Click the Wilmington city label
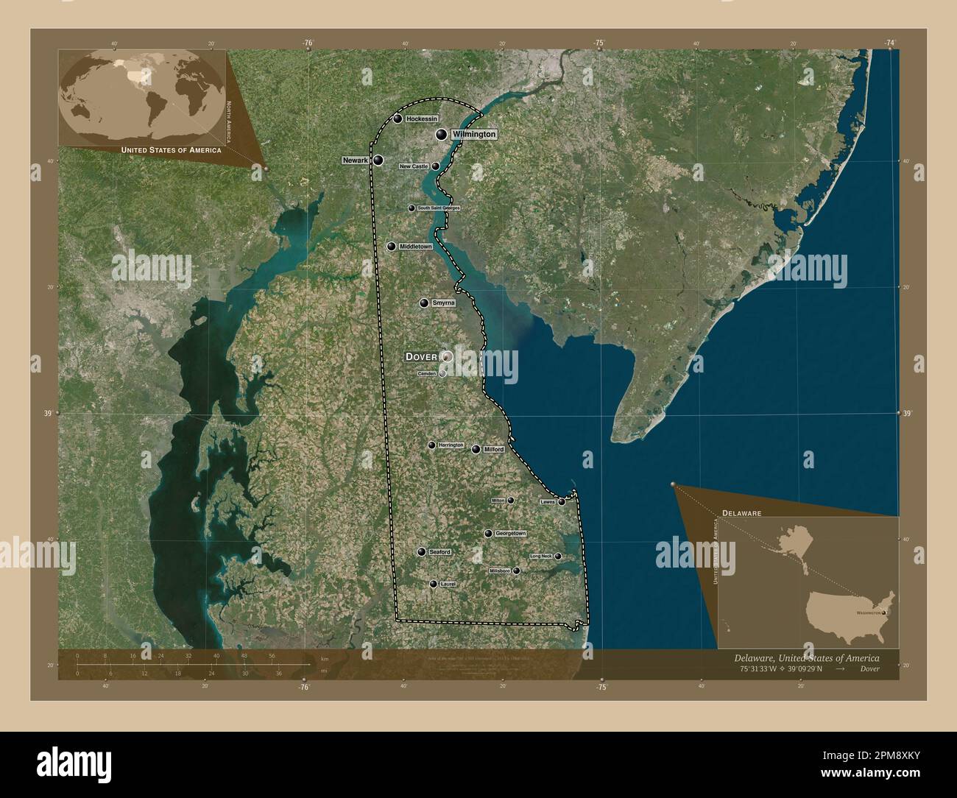click(x=473, y=135)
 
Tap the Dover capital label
click(x=421, y=356)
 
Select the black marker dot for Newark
click(x=378, y=160)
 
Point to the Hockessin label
click(x=422, y=119)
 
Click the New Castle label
click(x=413, y=166)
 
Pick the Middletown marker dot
click(x=391, y=247)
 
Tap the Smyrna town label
click(x=444, y=303)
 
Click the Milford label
click(x=493, y=449)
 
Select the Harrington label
click(x=451, y=445)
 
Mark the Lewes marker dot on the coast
click(x=562, y=502)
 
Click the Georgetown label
click(x=510, y=533)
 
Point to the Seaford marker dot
click(x=421, y=552)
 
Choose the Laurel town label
click(x=448, y=584)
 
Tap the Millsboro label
click(x=499, y=571)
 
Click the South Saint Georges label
click(x=439, y=208)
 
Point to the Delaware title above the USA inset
click(x=741, y=511)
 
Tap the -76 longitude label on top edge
click(x=308, y=43)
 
